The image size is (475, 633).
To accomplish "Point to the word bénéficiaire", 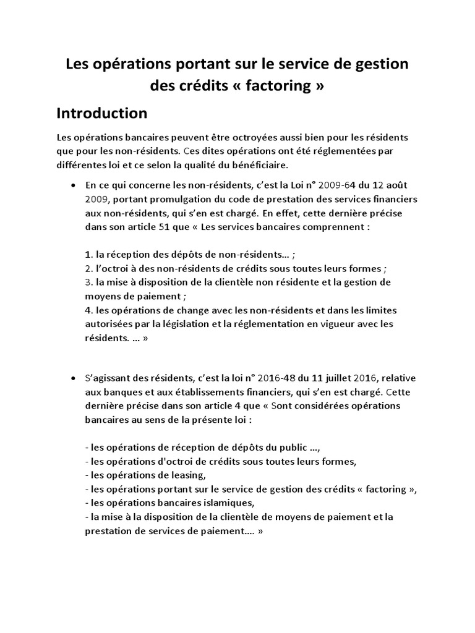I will (x=252, y=165).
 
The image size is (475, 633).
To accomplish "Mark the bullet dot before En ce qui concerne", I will (x=74, y=185).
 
